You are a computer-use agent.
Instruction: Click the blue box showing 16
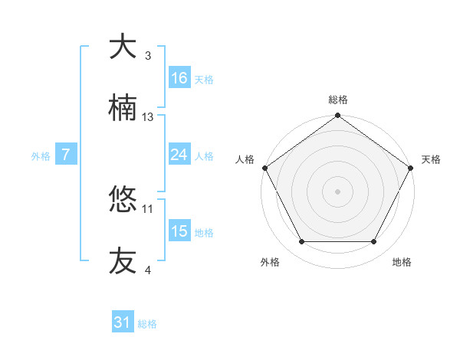tap(179, 78)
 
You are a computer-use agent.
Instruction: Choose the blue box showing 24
tap(179, 155)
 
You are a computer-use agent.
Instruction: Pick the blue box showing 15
tap(179, 231)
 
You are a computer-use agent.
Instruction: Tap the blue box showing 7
tap(66, 155)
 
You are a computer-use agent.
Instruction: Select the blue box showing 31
tap(123, 322)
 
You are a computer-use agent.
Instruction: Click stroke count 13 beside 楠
tap(148, 116)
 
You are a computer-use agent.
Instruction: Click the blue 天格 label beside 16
tap(204, 80)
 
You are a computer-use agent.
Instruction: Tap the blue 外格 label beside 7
tap(41, 156)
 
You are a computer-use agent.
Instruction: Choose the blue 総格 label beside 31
tap(147, 324)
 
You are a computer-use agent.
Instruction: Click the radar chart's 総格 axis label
tap(338, 100)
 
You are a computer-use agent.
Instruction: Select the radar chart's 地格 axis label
tap(402, 262)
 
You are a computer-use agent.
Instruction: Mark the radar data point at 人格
tap(264, 167)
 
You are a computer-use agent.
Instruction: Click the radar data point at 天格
tap(412, 167)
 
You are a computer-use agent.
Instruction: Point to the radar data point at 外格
tap(301, 242)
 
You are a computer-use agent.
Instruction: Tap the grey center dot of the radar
tap(338, 191)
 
